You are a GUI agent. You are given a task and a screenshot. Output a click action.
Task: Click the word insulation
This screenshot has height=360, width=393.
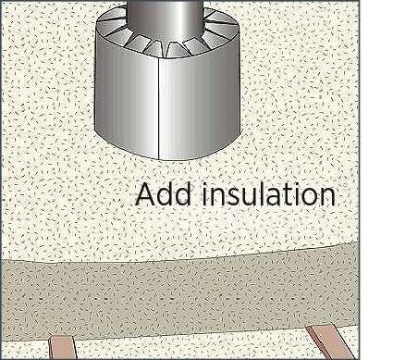(269, 194)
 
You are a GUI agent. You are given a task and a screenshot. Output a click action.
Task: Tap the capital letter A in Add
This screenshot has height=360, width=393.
(145, 194)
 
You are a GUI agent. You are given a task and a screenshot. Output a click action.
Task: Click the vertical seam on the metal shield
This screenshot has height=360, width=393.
(158, 108)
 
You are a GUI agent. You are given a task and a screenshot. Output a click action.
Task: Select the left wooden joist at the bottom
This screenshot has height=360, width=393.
(63, 348)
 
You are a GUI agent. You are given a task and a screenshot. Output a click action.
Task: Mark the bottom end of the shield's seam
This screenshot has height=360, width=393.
(158, 160)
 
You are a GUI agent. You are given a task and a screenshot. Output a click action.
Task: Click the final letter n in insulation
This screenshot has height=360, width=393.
(328, 197)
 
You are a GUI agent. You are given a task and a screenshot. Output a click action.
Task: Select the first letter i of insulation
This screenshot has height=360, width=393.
(204, 194)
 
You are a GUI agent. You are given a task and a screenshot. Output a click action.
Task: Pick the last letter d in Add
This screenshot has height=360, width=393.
(183, 194)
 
